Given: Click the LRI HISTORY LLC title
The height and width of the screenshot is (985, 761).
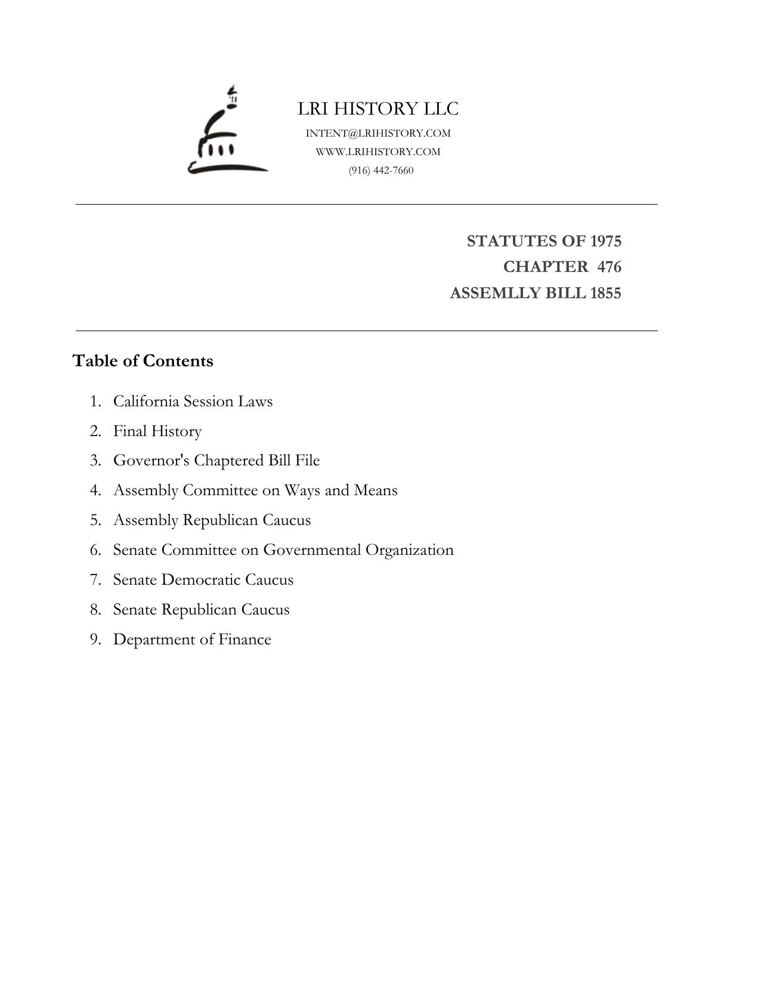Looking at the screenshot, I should [378, 109].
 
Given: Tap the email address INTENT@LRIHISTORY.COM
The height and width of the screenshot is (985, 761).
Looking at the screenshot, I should [378, 133].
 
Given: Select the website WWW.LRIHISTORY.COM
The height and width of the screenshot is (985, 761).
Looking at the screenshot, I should [378, 152].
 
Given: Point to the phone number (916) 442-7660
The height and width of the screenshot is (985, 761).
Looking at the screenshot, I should [381, 170].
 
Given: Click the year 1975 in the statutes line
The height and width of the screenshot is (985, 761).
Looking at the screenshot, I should [605, 241].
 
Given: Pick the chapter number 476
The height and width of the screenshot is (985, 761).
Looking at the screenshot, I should [609, 267].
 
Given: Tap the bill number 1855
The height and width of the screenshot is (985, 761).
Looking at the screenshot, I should [605, 294].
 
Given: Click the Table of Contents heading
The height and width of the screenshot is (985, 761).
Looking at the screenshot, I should [143, 361].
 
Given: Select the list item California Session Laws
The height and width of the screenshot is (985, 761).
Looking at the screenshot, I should [193, 401].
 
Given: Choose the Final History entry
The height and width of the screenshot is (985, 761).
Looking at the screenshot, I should [157, 431].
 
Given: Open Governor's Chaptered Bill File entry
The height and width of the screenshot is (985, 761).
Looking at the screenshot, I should [216, 461].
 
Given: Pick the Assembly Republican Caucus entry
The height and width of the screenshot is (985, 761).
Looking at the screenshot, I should [212, 520].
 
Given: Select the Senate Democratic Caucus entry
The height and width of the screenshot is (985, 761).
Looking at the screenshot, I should [203, 580].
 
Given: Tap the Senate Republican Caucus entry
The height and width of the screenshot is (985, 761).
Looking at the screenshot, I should [201, 610].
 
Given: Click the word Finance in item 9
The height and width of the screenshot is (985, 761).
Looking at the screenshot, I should [245, 640].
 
